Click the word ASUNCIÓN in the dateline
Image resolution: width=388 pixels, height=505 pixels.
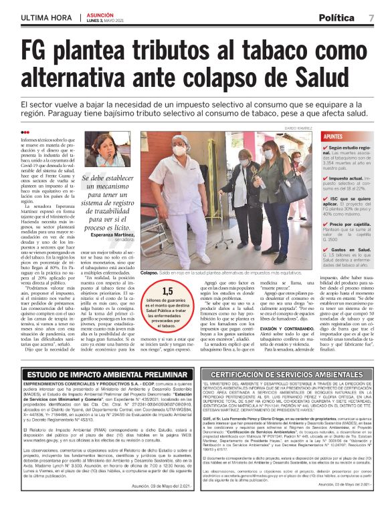(x=99, y=13)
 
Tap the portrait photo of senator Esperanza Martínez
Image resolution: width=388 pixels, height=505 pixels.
(x=96, y=151)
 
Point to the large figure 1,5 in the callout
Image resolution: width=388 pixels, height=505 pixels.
(x=167, y=291)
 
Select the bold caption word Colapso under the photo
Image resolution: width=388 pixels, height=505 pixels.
(x=149, y=273)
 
